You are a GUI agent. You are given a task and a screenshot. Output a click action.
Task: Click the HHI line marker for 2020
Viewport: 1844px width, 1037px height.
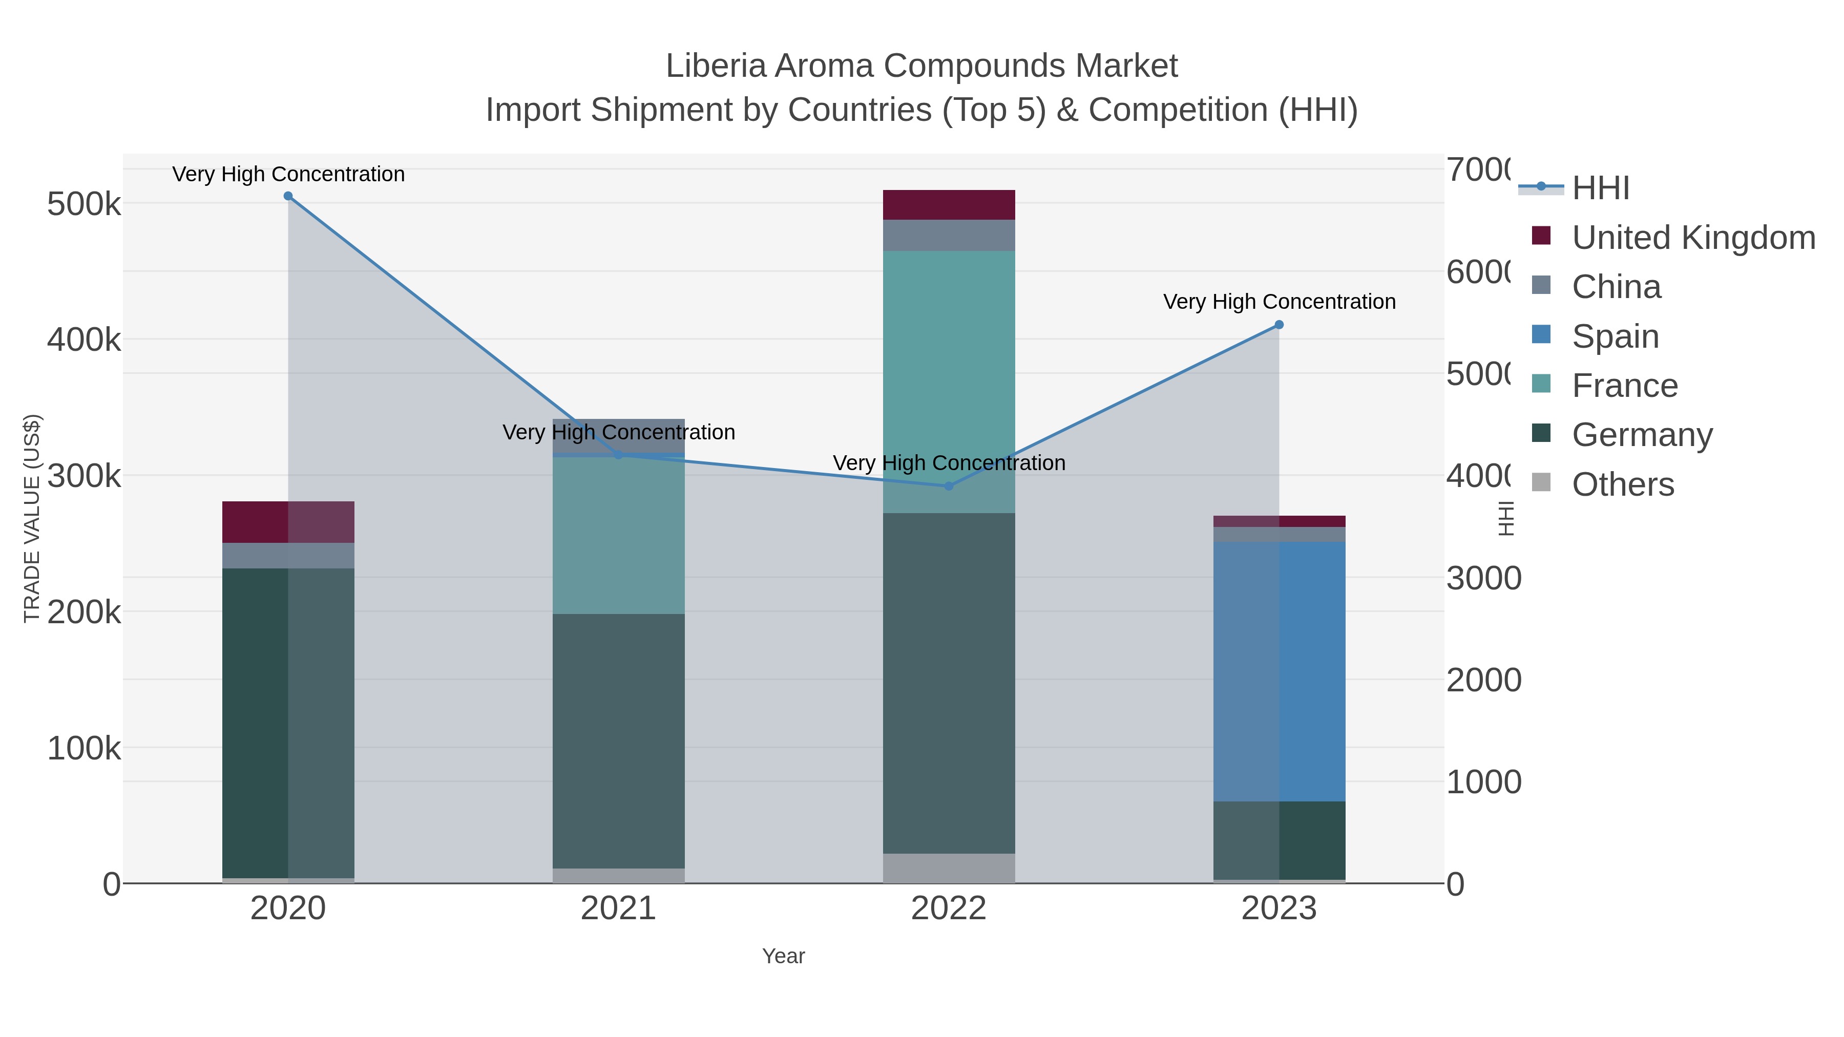point(288,196)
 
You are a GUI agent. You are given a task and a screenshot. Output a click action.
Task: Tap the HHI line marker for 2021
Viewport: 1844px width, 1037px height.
point(618,454)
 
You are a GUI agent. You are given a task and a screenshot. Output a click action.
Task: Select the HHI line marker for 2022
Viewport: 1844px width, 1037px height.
point(949,486)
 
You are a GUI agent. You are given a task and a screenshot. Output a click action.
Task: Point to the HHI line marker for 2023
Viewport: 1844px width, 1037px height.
point(1279,325)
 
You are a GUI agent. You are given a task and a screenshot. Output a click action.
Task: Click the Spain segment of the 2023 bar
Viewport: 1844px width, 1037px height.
point(1279,671)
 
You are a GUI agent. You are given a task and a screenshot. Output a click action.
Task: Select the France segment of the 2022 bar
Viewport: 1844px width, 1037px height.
point(949,382)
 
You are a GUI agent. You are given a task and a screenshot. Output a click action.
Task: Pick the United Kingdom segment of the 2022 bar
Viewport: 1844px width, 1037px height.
point(949,205)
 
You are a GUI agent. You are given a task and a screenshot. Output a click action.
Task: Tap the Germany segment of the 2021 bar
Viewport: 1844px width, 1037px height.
point(618,740)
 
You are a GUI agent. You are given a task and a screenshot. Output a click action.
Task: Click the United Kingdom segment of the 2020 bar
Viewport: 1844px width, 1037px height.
point(288,522)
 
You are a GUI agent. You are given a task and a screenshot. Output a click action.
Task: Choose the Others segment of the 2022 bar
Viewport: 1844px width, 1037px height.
point(949,868)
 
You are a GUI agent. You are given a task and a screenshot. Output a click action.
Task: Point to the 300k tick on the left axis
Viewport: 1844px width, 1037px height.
point(84,476)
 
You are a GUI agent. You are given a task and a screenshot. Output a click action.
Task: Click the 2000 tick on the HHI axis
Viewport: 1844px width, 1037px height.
point(1483,680)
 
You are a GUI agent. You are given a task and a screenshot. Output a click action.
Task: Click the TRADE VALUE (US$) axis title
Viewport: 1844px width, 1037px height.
point(32,518)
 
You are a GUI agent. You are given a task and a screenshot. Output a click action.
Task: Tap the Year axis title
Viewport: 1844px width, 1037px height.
point(783,956)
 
